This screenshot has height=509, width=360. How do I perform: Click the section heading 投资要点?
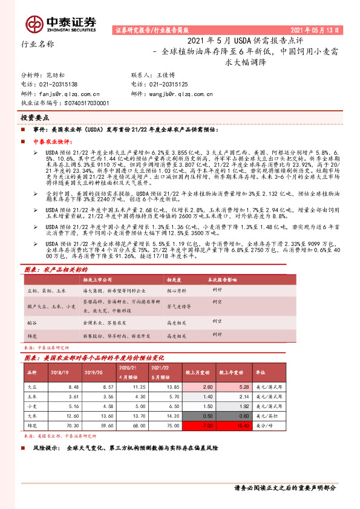pyautogui.click(x=35, y=118)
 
